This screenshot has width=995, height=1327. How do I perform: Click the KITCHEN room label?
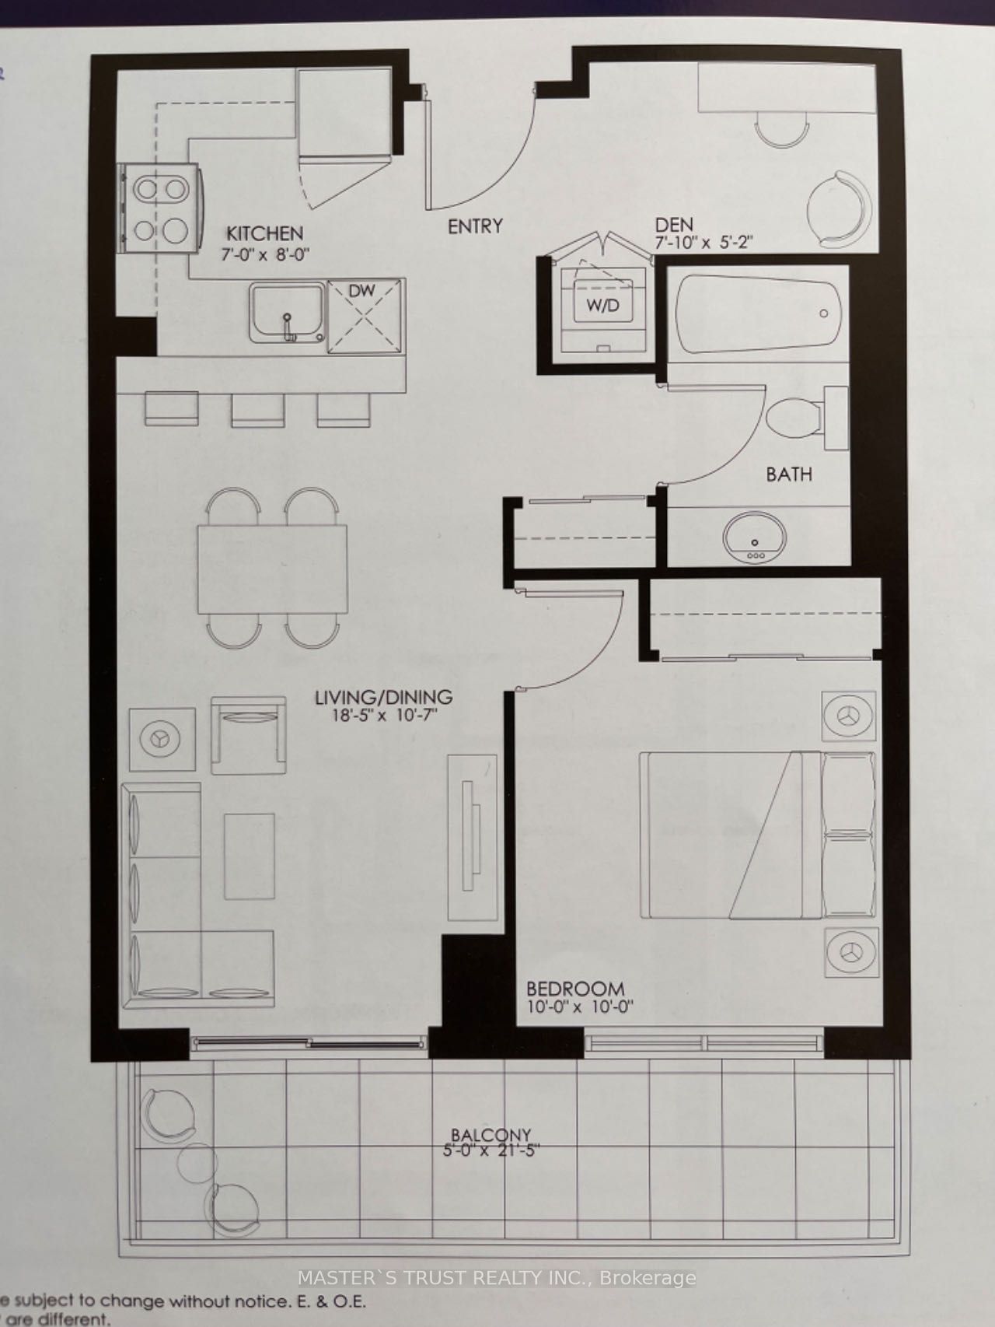tap(264, 233)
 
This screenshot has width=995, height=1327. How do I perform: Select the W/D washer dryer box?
tap(602, 304)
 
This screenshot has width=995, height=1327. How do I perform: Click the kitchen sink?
tap(286, 313)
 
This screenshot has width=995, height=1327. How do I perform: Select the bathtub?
tap(758, 313)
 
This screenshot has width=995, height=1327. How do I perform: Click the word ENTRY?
tap(475, 226)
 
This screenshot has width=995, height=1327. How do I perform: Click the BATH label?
tap(788, 474)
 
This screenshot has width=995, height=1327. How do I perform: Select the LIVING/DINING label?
tap(383, 698)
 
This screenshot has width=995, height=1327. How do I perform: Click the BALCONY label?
tap(492, 1135)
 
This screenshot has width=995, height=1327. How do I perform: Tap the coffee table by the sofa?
tap(250, 856)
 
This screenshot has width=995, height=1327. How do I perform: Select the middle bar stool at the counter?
tap(258, 409)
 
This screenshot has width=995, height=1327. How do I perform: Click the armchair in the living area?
tap(248, 734)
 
